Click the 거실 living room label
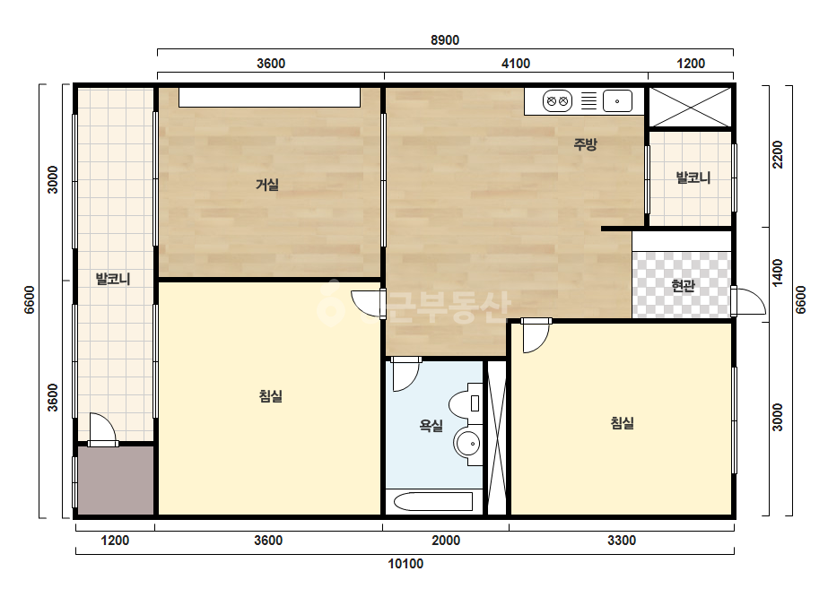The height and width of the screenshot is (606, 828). point(267,185)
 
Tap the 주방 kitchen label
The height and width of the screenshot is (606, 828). point(585,144)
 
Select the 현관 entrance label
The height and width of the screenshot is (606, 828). point(683,286)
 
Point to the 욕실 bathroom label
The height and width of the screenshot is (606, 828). point(431,426)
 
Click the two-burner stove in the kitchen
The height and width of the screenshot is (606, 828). point(558,100)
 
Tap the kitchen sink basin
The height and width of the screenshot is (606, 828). point(617,100)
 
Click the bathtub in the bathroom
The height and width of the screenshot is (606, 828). point(433,501)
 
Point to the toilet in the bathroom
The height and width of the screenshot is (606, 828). point(466,403)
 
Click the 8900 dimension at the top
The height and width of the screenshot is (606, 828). point(445,40)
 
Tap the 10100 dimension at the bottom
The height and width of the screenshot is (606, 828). point(405,564)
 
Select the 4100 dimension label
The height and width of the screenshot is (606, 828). point(516,64)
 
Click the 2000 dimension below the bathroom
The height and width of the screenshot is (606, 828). point(446,541)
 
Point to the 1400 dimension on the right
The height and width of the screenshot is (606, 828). point(777,273)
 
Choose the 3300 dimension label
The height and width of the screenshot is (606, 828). point(622,541)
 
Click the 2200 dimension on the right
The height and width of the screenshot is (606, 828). point(777,154)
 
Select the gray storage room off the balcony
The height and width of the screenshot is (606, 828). point(116,480)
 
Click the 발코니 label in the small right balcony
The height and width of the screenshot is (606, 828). point(693,177)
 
